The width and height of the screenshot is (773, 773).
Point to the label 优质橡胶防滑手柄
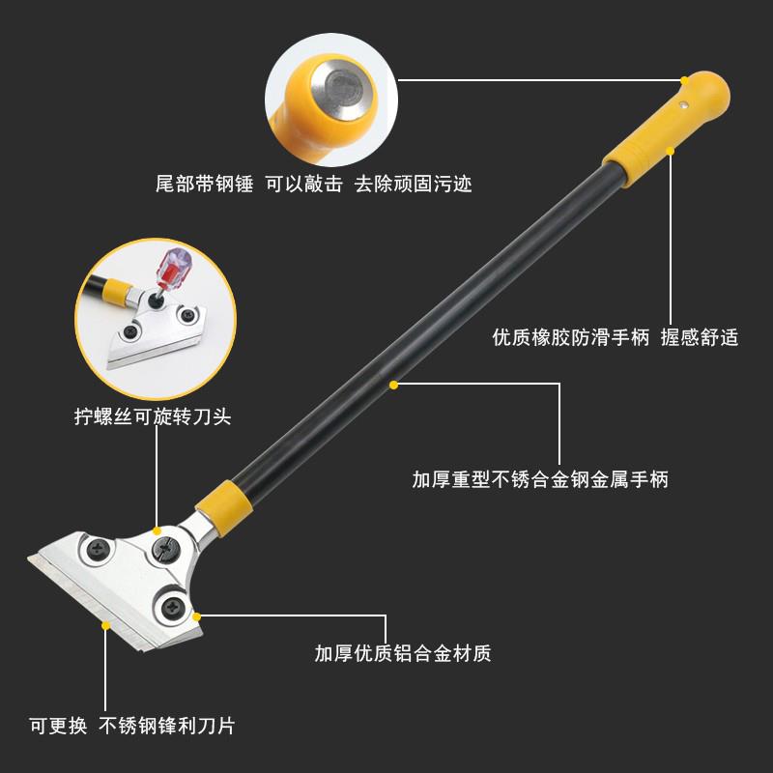tap(570, 337)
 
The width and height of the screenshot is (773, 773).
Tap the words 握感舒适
tap(700, 337)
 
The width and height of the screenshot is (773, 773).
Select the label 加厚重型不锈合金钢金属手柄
tap(540, 479)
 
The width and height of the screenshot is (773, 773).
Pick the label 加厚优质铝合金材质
tap(403, 653)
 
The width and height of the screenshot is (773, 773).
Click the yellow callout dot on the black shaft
tap(394, 385)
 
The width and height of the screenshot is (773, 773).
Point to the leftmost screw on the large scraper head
tap(100, 548)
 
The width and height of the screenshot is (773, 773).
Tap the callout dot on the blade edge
tap(105, 625)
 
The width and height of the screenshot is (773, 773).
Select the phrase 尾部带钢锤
tap(204, 183)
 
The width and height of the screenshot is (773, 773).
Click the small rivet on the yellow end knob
tap(684, 107)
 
